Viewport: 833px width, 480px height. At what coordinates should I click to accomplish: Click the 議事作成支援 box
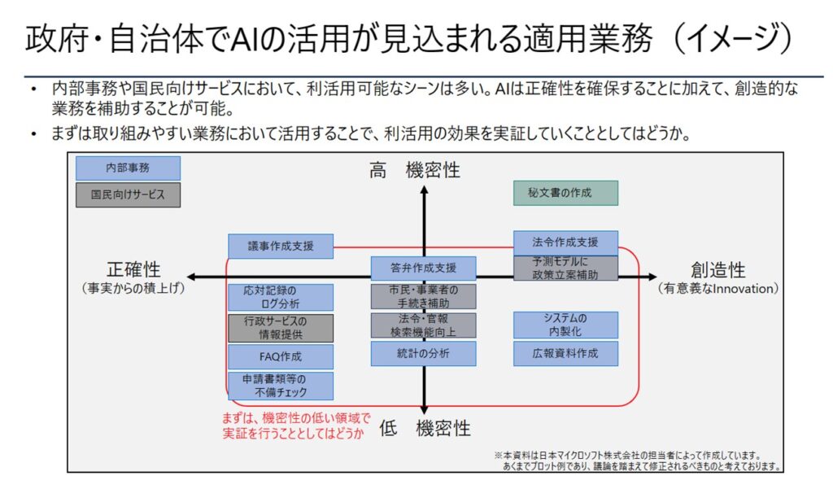pyautogui.click(x=281, y=246)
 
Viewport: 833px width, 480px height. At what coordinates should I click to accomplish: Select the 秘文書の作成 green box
pyautogui.click(x=565, y=193)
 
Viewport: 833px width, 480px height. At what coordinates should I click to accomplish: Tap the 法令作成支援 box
pyautogui.click(x=565, y=242)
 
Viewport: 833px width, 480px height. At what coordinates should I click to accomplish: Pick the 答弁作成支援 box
pyautogui.click(x=423, y=268)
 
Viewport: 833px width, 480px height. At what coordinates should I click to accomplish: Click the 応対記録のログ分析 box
pyautogui.click(x=281, y=296)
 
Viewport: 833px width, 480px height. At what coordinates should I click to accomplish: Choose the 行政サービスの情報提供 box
pyautogui.click(x=281, y=327)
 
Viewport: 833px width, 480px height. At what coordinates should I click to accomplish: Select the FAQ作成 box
pyautogui.click(x=281, y=356)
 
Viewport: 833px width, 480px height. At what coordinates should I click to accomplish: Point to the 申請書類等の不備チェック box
pyautogui.click(x=281, y=386)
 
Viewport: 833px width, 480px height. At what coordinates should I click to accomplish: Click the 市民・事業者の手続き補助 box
pyautogui.click(x=423, y=296)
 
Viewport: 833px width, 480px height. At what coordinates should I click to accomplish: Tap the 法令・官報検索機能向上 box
pyautogui.click(x=423, y=325)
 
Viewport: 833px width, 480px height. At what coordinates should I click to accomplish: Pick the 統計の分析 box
pyautogui.click(x=423, y=354)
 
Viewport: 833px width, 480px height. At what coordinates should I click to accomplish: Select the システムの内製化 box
pyautogui.click(x=565, y=325)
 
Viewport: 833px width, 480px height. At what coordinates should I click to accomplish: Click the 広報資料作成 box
pyautogui.click(x=565, y=354)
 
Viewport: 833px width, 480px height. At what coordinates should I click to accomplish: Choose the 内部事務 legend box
pyautogui.click(x=128, y=168)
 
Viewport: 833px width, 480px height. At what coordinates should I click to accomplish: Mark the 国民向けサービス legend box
pyautogui.click(x=128, y=195)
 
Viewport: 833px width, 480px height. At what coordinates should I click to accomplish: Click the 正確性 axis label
pyautogui.click(x=133, y=270)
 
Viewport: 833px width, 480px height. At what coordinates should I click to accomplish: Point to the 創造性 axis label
pyautogui.click(x=718, y=270)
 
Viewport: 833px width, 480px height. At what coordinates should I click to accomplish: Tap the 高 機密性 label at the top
pyautogui.click(x=415, y=170)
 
